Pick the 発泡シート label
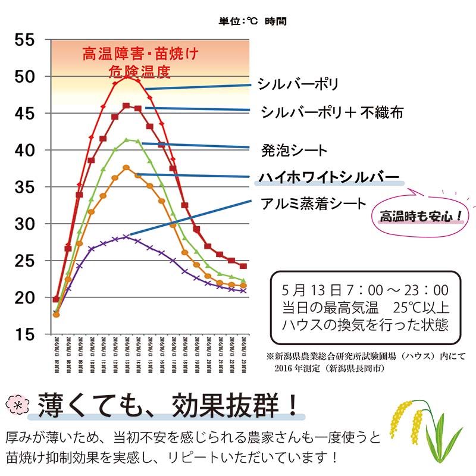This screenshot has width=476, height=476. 294,150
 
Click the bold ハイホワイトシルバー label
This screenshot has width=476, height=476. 328,177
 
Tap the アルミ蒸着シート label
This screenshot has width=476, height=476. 314,204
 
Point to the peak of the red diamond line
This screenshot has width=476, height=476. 126,76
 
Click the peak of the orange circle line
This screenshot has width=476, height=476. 126,168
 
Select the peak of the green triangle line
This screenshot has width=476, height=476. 126,140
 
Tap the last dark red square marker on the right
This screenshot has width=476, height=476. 243,266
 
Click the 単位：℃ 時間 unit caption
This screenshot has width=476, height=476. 252,21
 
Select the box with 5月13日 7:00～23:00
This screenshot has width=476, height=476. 365,308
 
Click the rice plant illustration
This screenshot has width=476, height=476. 423,427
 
